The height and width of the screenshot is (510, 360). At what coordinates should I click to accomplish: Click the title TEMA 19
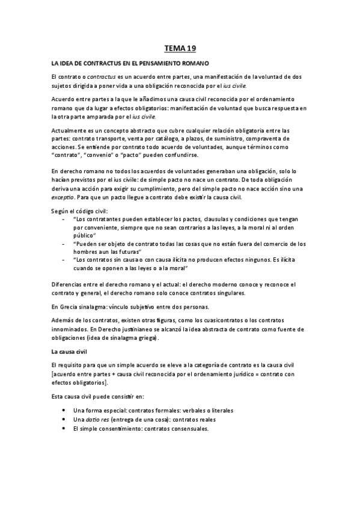coord(180,48)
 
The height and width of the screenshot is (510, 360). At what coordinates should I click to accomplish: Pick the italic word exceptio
coord(63,196)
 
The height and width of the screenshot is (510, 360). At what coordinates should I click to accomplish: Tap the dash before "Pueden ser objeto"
coord(64,243)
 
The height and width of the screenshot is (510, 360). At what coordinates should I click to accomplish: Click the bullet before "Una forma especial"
coord(64,410)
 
